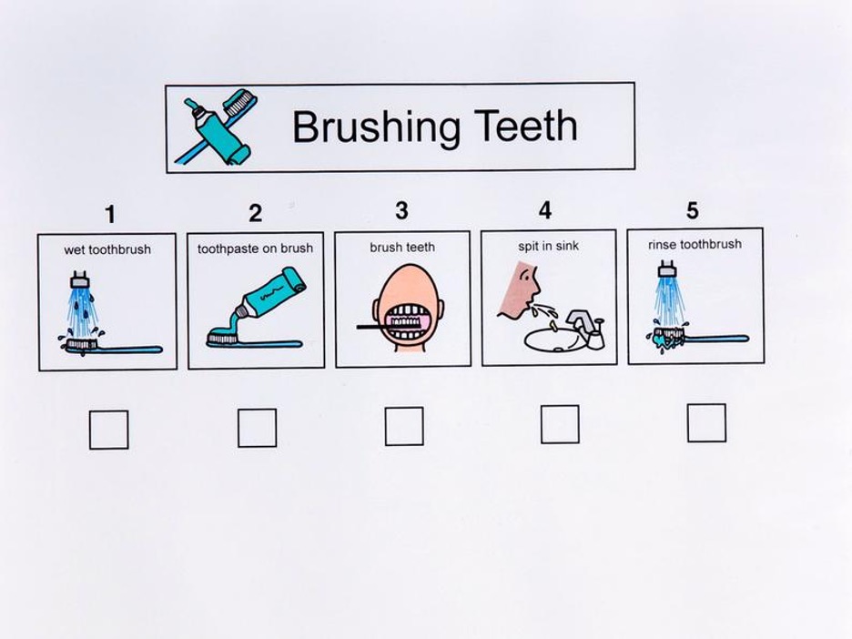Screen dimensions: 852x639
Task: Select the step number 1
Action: pyautogui.click(x=110, y=214)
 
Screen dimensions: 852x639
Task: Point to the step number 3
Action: pyautogui.click(x=401, y=210)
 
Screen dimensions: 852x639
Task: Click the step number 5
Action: pyautogui.click(x=692, y=210)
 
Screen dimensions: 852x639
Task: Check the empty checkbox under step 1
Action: pyautogui.click(x=108, y=430)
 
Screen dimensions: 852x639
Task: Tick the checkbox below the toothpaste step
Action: pyautogui.click(x=257, y=428)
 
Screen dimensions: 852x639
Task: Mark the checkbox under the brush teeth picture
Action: pyautogui.click(x=404, y=426)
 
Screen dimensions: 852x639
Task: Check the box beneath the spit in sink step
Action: pyautogui.click(x=560, y=424)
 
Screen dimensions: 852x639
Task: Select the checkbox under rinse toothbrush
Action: pyautogui.click(x=706, y=422)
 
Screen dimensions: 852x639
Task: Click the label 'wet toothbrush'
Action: pyautogui.click(x=107, y=250)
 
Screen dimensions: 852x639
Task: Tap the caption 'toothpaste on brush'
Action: pyautogui.click(x=256, y=248)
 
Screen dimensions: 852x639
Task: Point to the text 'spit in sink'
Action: pyautogui.click(x=548, y=246)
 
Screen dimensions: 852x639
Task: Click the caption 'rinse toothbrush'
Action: pyautogui.click(x=695, y=244)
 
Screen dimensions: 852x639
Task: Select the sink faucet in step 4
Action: pyautogui.click(x=586, y=327)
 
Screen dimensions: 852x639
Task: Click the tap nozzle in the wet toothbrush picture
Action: pyautogui.click(x=80, y=279)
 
